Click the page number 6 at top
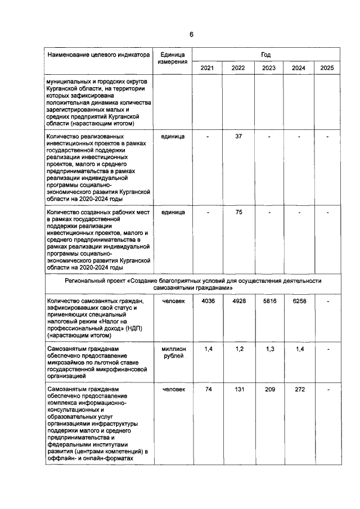click(191, 34)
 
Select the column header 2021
click(207, 68)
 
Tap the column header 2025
click(327, 68)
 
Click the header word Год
click(266, 55)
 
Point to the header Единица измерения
click(172, 58)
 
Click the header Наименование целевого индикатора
click(98, 55)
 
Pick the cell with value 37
click(238, 136)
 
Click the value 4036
click(208, 301)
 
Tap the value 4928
click(238, 301)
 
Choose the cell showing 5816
click(268, 301)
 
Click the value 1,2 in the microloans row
click(238, 349)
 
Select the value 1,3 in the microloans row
click(268, 349)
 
